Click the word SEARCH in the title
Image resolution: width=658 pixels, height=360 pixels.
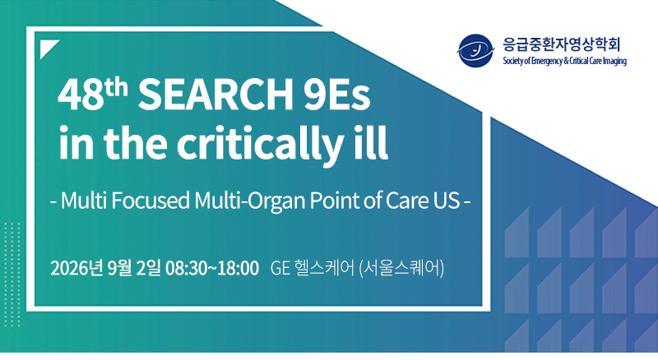coord(215,95)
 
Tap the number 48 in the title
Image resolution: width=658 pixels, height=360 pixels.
coord(81,96)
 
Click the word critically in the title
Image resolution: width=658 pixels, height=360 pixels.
coord(259,144)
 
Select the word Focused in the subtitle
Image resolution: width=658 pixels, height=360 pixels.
coord(150,201)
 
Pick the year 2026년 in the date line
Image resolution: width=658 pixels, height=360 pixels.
coord(76,268)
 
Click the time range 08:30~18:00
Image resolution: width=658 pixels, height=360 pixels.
coord(212,268)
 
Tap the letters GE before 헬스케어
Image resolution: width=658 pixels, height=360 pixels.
coord(280,269)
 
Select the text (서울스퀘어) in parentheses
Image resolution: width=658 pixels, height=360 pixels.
coord(402,268)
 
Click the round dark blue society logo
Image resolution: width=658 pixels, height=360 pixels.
coord(475,51)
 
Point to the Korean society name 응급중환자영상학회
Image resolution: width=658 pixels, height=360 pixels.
coord(562,44)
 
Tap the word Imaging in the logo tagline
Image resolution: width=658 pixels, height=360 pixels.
coord(614,62)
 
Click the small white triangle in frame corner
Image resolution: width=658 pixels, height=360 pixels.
coord(47,47)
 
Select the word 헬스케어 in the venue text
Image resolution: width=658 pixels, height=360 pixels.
coord(324,268)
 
